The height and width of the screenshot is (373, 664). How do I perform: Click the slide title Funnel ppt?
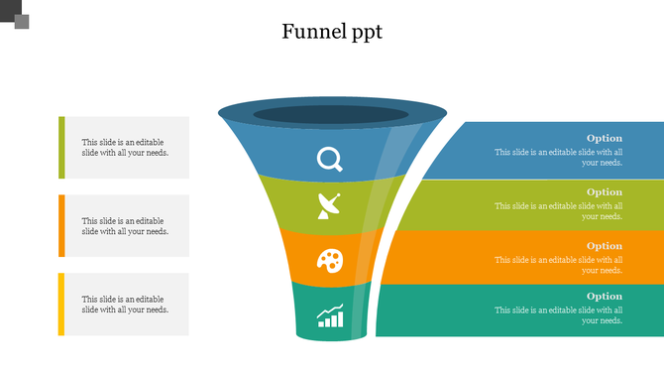click(x=331, y=32)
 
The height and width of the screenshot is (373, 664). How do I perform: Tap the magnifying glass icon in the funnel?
click(x=329, y=159)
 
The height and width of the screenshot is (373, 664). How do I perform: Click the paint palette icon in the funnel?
click(x=329, y=261)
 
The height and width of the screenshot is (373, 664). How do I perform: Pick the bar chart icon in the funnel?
click(x=330, y=315)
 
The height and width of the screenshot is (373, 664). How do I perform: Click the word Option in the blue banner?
click(x=604, y=138)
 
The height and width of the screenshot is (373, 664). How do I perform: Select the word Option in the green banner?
click(x=604, y=191)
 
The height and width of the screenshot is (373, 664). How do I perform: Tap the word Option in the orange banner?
click(x=604, y=245)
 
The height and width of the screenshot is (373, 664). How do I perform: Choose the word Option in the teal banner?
click(x=604, y=296)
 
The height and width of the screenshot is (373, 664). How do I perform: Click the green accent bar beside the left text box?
click(x=61, y=147)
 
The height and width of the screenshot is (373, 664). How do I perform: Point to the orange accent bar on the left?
click(x=61, y=225)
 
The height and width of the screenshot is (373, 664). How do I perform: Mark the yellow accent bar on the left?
click(x=61, y=304)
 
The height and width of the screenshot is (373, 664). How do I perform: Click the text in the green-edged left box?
click(x=125, y=148)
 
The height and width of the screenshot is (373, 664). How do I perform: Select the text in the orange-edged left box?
click(x=125, y=226)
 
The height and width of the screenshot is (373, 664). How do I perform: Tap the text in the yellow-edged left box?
click(x=125, y=305)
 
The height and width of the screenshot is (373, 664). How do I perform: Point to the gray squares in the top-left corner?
click(x=17, y=17)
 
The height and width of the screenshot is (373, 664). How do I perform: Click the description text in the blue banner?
click(x=559, y=157)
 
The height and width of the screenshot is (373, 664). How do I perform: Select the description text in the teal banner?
click(x=559, y=315)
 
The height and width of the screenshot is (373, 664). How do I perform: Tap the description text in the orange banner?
click(x=559, y=265)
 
